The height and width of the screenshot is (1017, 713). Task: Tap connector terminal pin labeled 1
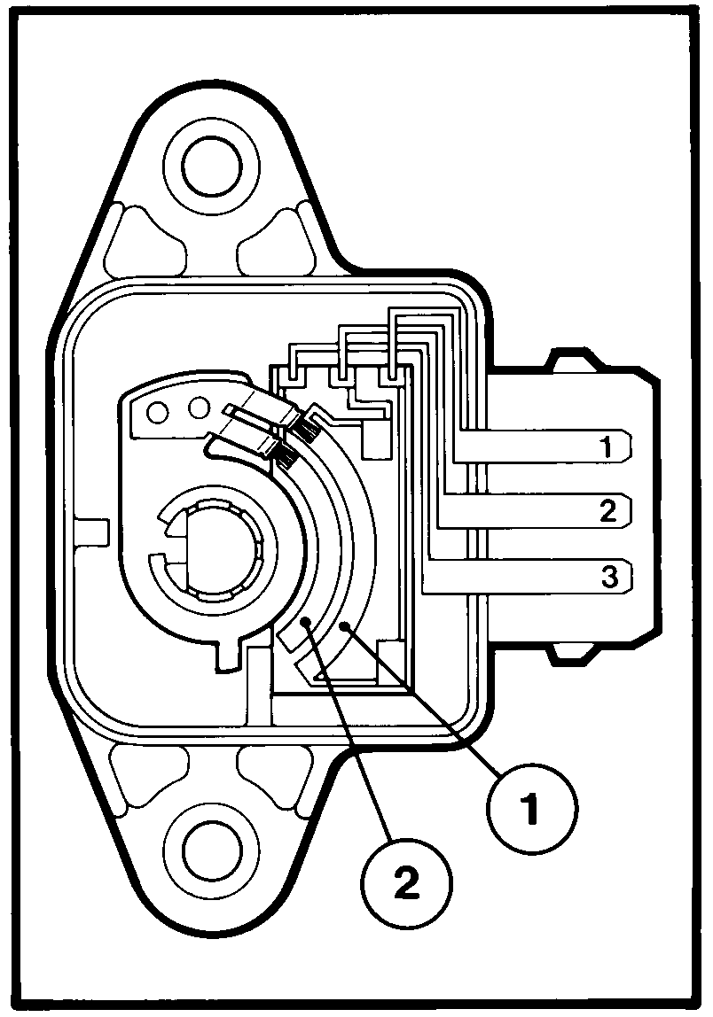pos(542,446)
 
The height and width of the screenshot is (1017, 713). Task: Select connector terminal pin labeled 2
pos(535,510)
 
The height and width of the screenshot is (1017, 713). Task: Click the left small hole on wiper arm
pos(158,410)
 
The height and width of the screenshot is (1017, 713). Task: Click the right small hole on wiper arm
pos(198,408)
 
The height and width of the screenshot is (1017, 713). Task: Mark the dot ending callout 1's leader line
pos(346,625)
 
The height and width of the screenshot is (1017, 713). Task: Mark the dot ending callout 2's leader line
pos(307,623)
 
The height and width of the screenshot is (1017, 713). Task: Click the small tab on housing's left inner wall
pos(90,532)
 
